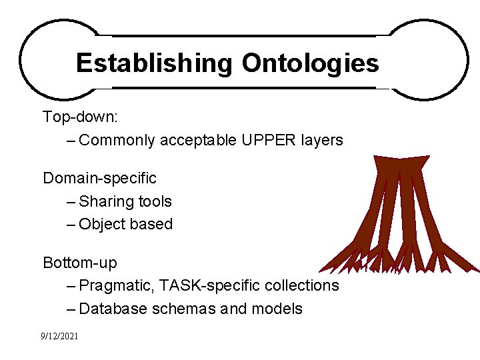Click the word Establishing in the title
coord(154,63)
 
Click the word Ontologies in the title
coord(310,63)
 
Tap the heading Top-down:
coord(81,117)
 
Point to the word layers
coord(321,141)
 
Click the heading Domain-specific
coord(99,179)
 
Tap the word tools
coord(155,202)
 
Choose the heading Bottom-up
coord(79,263)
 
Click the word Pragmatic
coord(117,286)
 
